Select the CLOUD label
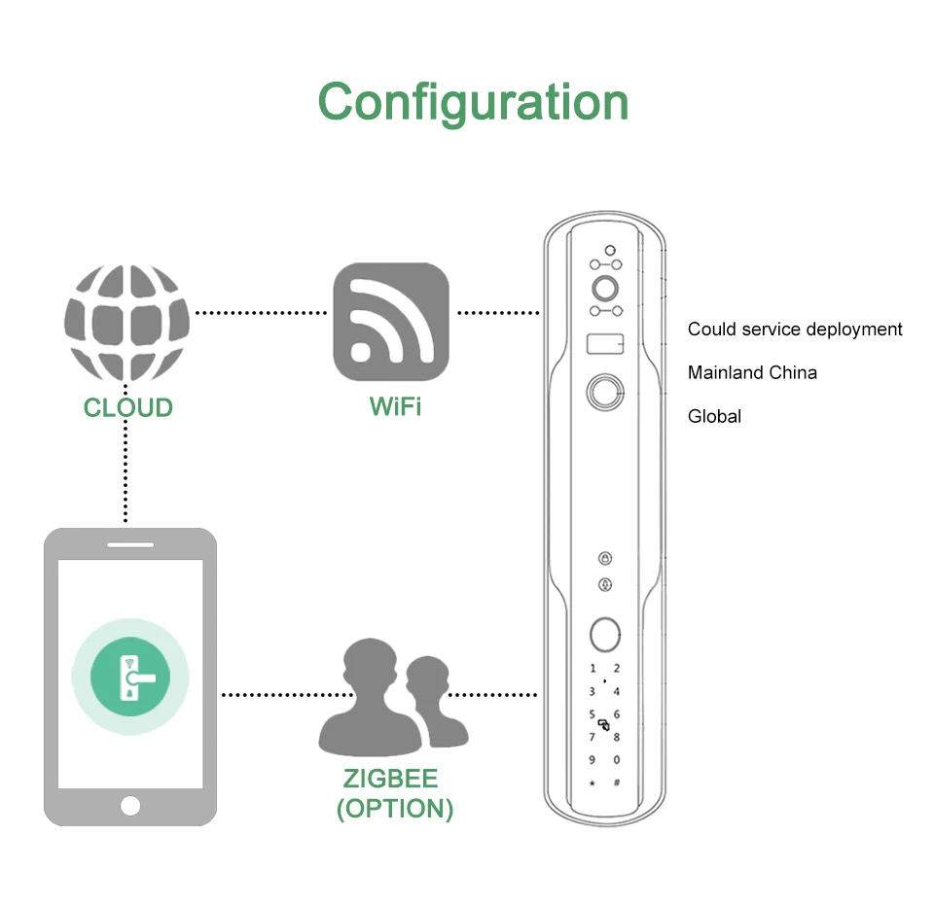pos(127,407)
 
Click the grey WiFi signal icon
pos(391,323)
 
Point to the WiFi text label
pos(395,407)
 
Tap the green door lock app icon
pos(130,676)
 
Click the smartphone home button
pos(130,805)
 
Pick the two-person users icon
pos(393,694)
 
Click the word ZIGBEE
pos(390,779)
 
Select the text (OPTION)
pos(394,809)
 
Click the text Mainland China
pos(752,372)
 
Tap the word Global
pos(714,416)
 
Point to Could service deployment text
pos(795,330)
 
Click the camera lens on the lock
pos(604,288)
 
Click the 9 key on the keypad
pos(592,760)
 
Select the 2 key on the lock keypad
pos(616,669)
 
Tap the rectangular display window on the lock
pos(604,343)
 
